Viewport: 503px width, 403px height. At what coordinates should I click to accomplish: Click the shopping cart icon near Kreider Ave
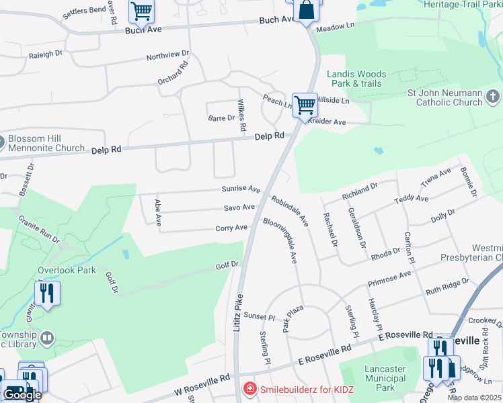click(305, 105)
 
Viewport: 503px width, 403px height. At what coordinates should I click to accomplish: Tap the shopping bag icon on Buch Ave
click(306, 11)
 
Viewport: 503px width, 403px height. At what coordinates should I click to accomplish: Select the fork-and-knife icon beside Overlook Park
click(47, 294)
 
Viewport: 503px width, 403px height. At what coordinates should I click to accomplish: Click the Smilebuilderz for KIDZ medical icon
click(249, 388)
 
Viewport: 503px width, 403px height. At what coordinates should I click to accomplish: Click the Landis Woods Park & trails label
click(356, 79)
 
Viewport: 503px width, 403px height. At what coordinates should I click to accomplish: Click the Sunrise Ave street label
click(241, 189)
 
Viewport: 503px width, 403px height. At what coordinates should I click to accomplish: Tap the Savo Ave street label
click(239, 208)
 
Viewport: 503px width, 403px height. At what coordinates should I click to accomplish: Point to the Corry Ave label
click(231, 228)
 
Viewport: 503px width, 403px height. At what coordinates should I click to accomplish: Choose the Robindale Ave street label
click(289, 210)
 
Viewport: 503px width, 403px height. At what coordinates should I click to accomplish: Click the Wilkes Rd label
click(241, 115)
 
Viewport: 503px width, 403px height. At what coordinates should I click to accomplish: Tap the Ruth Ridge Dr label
click(447, 287)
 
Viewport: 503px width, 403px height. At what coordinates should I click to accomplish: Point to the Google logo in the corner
click(22, 395)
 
